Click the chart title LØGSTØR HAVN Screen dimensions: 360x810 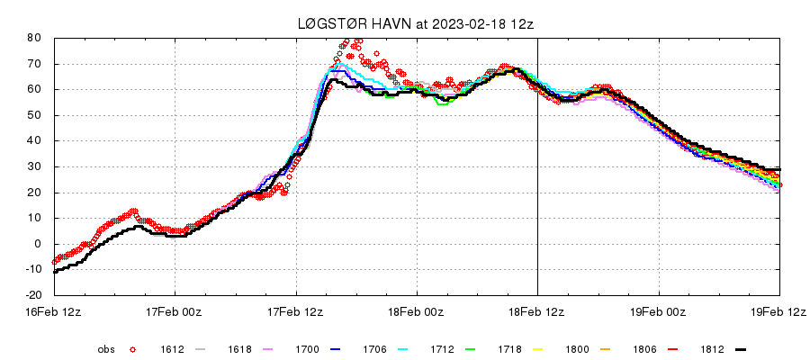[x=346, y=24]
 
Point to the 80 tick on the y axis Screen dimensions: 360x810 [x=34, y=38]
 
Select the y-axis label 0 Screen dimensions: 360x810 [x=38, y=244]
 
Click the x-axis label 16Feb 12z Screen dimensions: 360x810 [x=54, y=311]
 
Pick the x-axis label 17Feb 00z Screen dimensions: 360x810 [x=175, y=311]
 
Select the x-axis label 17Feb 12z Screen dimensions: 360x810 [x=296, y=311]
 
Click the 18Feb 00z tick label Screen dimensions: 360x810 [x=417, y=311]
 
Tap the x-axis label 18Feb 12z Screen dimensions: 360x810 [x=537, y=311]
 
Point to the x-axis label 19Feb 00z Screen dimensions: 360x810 [x=658, y=311]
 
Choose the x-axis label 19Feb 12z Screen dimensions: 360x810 [x=778, y=311]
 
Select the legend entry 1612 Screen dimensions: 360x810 [x=173, y=349]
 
